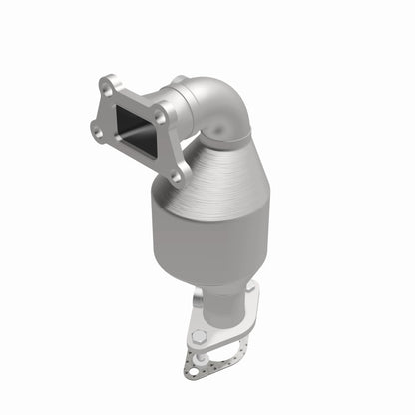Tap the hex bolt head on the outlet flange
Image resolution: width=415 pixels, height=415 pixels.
point(199,336)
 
